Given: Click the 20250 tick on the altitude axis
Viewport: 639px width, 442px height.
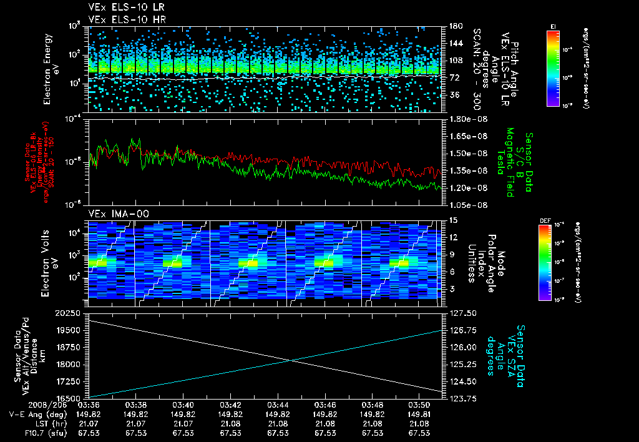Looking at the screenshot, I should [69, 313].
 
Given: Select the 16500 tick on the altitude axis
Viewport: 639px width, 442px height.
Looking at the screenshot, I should [69, 398].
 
